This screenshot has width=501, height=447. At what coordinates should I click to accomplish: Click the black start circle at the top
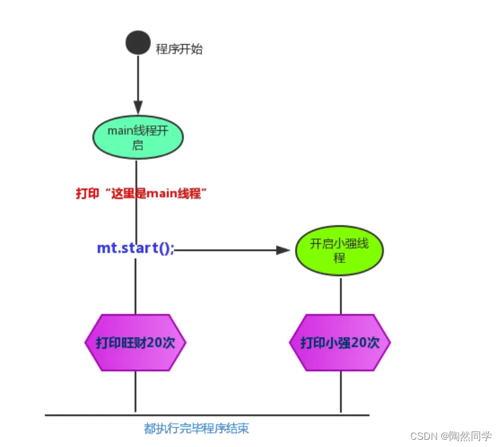tap(137, 43)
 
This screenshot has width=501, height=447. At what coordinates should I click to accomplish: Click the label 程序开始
tap(179, 50)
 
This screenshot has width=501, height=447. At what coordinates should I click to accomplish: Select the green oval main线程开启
tap(138, 137)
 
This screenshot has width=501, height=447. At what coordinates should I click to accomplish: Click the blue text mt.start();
tap(136, 248)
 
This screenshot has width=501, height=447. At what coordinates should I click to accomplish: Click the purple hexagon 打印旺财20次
tap(136, 343)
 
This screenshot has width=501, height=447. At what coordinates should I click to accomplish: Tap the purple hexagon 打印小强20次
tap(340, 343)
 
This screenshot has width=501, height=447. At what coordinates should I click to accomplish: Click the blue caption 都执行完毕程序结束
tap(196, 428)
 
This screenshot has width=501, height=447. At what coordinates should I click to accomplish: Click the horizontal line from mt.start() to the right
tap(227, 250)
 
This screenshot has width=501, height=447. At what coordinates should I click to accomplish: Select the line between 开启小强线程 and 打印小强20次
tap(340, 295)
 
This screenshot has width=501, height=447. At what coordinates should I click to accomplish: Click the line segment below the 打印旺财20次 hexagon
tap(136, 392)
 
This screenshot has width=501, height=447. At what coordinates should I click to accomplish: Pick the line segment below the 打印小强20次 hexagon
tap(340, 392)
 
